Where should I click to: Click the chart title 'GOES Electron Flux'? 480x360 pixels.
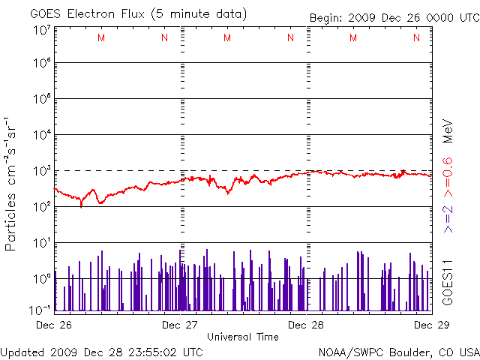click(82, 14)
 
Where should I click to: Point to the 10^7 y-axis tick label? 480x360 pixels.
click(40, 30)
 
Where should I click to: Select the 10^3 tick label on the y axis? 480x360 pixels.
click(40, 172)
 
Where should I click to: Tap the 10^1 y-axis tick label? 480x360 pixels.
click(40, 243)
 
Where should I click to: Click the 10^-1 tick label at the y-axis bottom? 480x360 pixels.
click(40, 309)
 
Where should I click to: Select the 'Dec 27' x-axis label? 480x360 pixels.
click(180, 325)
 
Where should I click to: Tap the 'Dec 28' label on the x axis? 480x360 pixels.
click(306, 325)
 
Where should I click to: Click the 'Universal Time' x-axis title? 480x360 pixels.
click(243, 337)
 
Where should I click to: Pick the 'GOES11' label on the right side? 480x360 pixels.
click(447, 281)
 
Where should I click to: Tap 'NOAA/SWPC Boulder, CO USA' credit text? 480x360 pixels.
click(398, 352)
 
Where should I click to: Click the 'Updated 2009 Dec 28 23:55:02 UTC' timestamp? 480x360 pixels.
click(102, 352)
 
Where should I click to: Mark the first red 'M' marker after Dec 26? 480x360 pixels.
click(101, 38)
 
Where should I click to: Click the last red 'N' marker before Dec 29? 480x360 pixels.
click(416, 38)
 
